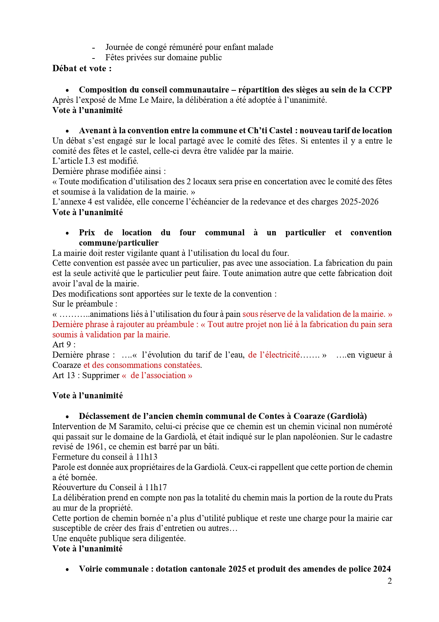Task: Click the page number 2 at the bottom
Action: (x=389, y=581)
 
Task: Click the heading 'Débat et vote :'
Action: (x=82, y=68)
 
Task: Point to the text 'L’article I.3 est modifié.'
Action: (x=95, y=161)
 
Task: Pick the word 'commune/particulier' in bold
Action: (x=119, y=243)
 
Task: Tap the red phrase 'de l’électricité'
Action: (x=274, y=355)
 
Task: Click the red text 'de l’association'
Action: (x=158, y=375)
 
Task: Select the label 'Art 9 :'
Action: (x=64, y=344)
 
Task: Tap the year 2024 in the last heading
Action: (x=381, y=569)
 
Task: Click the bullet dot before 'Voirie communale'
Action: (x=67, y=570)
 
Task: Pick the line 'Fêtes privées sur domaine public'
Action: (x=164, y=57)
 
